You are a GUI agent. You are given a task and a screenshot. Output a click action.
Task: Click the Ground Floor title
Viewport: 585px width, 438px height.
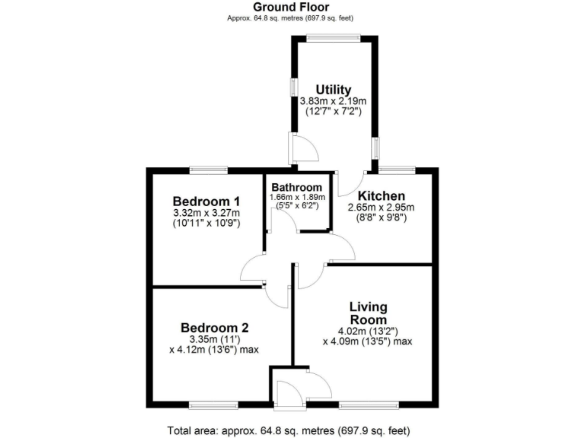[292, 7]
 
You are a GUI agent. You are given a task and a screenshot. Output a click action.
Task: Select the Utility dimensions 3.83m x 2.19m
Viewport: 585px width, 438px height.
[334, 100]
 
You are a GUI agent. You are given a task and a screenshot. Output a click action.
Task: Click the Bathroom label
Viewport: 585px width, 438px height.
[297, 187]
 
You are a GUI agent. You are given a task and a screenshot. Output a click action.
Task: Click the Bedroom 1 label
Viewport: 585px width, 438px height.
[206, 201]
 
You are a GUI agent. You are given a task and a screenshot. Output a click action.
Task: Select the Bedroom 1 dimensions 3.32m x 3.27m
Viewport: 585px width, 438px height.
[206, 213]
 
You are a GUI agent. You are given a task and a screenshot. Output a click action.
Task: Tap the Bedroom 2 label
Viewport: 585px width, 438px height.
[215, 328]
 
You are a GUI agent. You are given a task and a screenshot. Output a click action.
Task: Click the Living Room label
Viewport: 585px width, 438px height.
[369, 313]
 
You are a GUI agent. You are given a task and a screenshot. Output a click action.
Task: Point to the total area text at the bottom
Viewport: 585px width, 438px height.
[292, 430]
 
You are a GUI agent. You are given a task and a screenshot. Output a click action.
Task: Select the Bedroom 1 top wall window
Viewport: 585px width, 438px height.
[209, 170]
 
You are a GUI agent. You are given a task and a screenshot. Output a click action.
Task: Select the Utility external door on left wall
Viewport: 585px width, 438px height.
[299, 148]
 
